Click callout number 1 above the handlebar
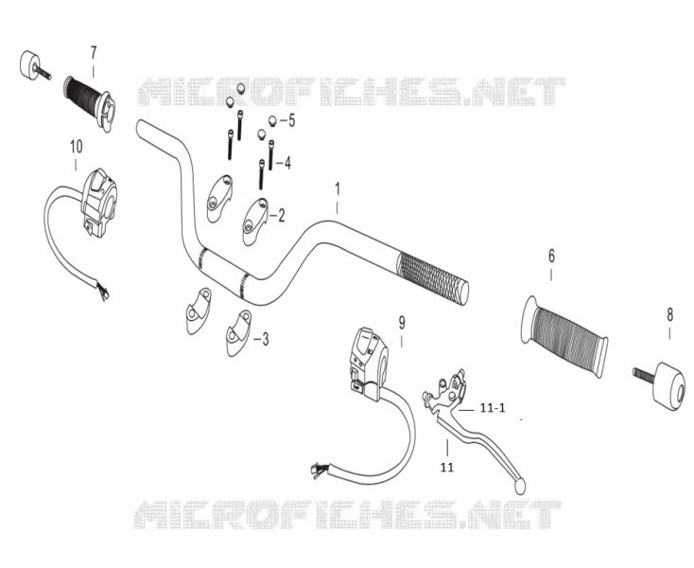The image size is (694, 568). click(x=338, y=189)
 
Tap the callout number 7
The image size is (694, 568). click(x=94, y=53)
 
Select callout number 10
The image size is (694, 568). click(x=77, y=147)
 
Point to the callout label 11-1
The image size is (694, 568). click(x=493, y=408)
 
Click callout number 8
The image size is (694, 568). click(x=669, y=315)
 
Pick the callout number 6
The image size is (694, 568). click(x=551, y=256)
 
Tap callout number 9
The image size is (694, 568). click(x=402, y=323)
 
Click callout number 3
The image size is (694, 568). click(x=265, y=340)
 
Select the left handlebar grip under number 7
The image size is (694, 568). click(x=90, y=103)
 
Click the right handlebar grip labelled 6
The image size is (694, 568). click(x=564, y=336)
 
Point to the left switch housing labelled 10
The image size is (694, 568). click(x=97, y=203)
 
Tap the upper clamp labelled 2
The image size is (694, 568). click(x=255, y=222)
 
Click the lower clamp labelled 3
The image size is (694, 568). click(x=238, y=332)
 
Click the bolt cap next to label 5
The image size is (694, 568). click(x=272, y=120)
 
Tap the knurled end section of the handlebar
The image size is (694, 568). click(x=432, y=277)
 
